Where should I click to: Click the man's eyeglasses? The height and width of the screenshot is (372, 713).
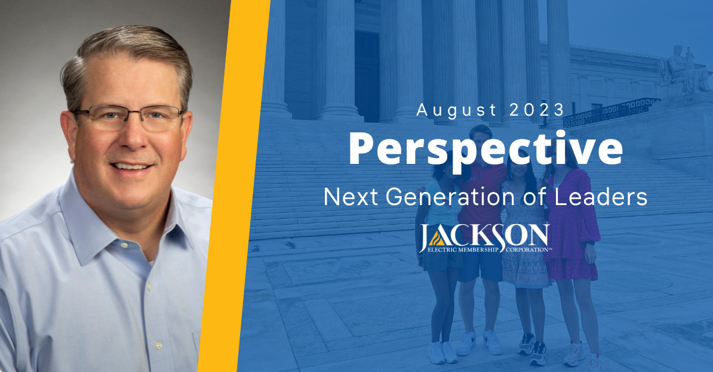click(128, 117)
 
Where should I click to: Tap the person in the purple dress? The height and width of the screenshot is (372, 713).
click(571, 238)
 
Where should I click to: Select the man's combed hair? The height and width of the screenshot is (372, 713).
click(125, 57)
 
